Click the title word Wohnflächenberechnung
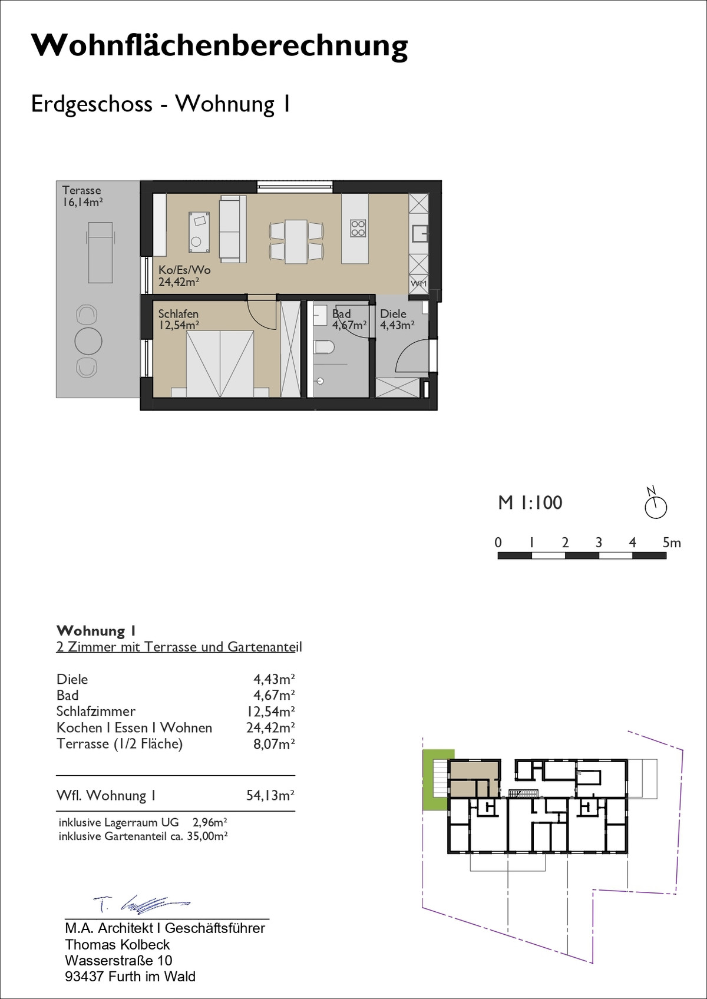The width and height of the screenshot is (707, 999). [219, 47]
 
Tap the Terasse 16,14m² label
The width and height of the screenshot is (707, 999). [82, 196]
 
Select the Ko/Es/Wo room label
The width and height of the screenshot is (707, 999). [184, 270]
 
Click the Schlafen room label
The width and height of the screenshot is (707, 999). [178, 313]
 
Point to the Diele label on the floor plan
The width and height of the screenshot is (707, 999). [393, 313]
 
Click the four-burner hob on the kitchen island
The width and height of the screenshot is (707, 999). [358, 229]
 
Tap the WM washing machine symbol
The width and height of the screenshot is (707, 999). [418, 284]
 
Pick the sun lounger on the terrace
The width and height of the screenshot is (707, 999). [100, 252]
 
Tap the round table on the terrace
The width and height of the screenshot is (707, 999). [88, 341]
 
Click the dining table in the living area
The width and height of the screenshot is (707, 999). [296, 242]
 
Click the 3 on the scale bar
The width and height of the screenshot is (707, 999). [599, 542]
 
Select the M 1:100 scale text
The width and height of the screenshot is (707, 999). [530, 502]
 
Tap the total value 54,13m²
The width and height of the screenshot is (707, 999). [270, 795]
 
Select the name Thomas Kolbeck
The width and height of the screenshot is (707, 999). [117, 945]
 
